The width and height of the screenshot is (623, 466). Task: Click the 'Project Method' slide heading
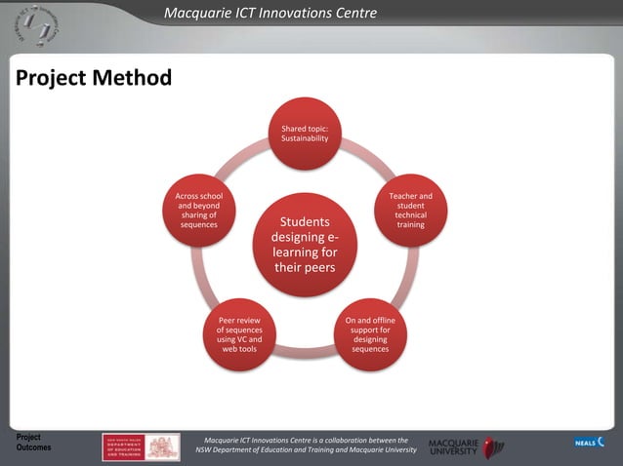pyautogui.click(x=94, y=78)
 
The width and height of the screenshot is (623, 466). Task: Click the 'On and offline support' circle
pyautogui.click(x=370, y=334)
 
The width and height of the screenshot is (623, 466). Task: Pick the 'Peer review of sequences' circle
pyautogui.click(x=239, y=334)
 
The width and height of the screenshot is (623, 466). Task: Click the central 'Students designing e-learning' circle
pyautogui.click(x=305, y=244)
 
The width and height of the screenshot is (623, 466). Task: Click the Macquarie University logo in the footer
pyautogui.click(x=466, y=447)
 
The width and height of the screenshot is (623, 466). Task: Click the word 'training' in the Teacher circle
pyautogui.click(x=410, y=225)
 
